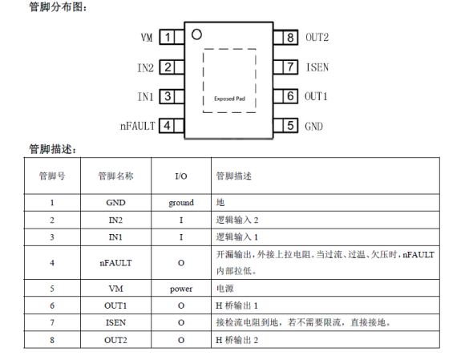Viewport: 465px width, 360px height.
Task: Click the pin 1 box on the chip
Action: [168, 37]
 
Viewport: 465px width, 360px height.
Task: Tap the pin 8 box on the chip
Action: [290, 38]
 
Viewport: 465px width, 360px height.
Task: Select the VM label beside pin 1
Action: [147, 38]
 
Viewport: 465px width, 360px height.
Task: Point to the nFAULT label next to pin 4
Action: [137, 126]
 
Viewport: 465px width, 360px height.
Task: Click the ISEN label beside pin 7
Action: [317, 67]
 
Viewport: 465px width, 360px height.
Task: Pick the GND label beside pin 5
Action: [313, 127]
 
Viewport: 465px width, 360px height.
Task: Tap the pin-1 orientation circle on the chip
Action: [196, 34]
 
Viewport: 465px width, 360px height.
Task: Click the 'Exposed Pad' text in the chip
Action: [229, 99]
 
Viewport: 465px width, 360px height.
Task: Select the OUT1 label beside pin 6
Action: [316, 96]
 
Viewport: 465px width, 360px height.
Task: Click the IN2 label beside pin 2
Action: [146, 67]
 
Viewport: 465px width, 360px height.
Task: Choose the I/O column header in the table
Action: [181, 176]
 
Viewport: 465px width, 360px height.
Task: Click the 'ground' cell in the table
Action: [181, 203]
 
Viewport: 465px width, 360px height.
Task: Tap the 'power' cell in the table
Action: [181, 289]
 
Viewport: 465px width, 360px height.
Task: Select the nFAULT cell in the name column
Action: [115, 263]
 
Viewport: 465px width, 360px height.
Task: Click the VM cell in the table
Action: [115, 289]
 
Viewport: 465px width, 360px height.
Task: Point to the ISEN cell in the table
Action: [115, 322]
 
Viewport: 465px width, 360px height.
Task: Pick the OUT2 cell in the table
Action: [115, 340]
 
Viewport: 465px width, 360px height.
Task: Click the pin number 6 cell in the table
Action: [52, 305]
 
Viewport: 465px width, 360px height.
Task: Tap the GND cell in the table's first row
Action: [115, 203]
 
